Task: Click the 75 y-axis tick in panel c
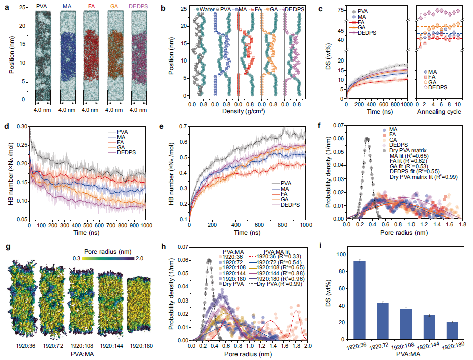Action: click(x=339, y=10)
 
